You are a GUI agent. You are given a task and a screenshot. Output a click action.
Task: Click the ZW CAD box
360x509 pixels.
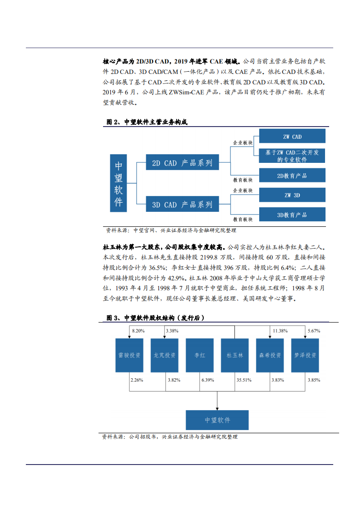pyautogui.click(x=292, y=136)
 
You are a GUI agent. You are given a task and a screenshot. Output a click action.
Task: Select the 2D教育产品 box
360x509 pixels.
pyautogui.click(x=292, y=175)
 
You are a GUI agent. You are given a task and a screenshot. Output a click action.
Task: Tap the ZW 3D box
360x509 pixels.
pyautogui.click(x=292, y=195)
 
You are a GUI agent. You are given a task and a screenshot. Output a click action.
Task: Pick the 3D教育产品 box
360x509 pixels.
pyautogui.click(x=292, y=215)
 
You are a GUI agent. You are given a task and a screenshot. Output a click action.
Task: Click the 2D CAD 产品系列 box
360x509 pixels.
pyautogui.click(x=182, y=162)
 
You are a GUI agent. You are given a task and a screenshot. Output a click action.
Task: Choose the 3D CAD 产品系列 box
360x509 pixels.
pyautogui.click(x=182, y=204)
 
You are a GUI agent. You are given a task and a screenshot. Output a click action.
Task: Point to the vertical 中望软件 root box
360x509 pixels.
pyautogui.click(x=118, y=183)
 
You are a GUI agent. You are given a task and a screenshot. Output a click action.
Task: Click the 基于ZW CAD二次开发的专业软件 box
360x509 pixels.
pyautogui.click(x=292, y=156)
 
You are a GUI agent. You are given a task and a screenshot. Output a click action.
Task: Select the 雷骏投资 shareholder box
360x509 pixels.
pyautogui.click(x=129, y=355)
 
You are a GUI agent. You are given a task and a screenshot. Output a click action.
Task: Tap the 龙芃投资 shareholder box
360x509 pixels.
pyautogui.click(x=164, y=355)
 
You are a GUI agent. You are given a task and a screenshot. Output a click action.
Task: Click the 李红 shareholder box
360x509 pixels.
pyautogui.click(x=200, y=355)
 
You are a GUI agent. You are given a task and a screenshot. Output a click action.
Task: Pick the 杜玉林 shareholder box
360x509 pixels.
pyautogui.click(x=235, y=355)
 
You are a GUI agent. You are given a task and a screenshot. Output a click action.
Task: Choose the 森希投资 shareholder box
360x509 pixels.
pyautogui.click(x=270, y=355)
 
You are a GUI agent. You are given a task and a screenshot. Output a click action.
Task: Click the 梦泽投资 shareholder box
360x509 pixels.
pyautogui.click(x=305, y=355)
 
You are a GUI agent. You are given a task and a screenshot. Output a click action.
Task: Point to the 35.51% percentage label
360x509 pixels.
pyautogui.click(x=244, y=380)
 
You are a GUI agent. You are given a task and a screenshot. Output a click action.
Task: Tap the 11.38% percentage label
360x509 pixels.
pyautogui.click(x=279, y=331)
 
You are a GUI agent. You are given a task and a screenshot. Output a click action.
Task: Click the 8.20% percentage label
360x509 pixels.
pyautogui.click(x=138, y=331)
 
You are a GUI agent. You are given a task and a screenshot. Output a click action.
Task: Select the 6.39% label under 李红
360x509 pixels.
pyautogui.click(x=207, y=380)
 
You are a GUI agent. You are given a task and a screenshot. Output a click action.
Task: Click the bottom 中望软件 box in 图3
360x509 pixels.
pyautogui.click(x=217, y=420)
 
